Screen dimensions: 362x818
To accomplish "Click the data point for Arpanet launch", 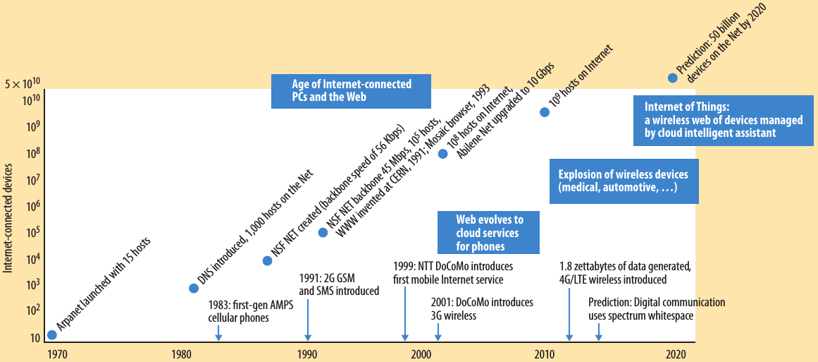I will (x=51, y=334).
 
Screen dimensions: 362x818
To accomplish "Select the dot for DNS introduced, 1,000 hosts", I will (x=194, y=288).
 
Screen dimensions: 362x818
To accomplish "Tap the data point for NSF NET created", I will (x=267, y=260).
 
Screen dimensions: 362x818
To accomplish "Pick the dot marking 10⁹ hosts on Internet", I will (x=544, y=111).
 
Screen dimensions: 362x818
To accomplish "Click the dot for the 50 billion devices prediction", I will (x=672, y=78).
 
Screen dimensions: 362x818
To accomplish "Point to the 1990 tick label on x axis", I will (x=306, y=353).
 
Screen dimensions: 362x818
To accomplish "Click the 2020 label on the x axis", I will (x=676, y=353).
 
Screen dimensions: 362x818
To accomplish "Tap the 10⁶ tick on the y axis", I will (x=32, y=206).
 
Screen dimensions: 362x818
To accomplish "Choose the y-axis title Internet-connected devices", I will (x=8, y=217).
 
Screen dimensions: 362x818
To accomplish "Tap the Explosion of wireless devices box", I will (x=623, y=181).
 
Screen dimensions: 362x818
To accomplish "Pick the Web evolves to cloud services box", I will (x=489, y=232).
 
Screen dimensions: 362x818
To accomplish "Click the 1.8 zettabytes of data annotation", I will (x=625, y=272).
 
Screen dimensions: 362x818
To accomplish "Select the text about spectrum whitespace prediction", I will (x=656, y=308).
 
